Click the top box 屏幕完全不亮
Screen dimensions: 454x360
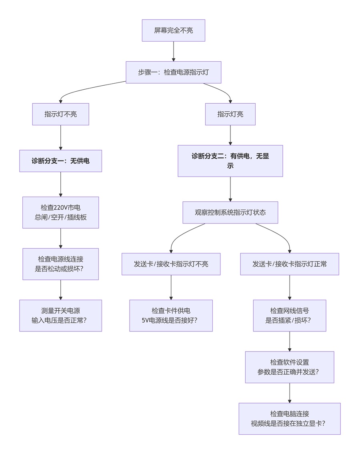(x=173, y=30)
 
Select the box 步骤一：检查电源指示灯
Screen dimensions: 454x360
(x=173, y=72)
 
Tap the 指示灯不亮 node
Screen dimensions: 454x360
(x=60, y=114)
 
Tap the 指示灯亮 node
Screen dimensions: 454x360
(x=230, y=114)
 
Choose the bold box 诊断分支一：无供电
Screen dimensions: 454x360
(x=60, y=161)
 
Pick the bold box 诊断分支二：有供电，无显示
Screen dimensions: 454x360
(x=230, y=161)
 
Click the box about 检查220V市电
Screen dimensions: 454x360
(x=60, y=213)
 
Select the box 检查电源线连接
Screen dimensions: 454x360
(x=60, y=264)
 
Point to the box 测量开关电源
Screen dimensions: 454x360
(x=60, y=315)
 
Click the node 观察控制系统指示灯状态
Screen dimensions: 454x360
(x=230, y=212)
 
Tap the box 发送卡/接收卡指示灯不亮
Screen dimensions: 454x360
(x=171, y=264)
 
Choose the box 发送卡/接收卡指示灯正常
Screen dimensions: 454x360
(x=289, y=264)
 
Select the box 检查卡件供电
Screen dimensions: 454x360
(x=171, y=315)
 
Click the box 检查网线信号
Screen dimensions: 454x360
(x=289, y=315)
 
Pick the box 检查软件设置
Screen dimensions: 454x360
(x=289, y=367)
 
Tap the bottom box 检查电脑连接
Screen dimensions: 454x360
(x=289, y=418)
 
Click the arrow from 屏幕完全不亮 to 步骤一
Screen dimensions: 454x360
(x=173, y=51)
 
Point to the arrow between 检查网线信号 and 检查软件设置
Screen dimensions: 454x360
(x=289, y=342)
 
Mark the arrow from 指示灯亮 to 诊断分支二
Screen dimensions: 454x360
(x=230, y=135)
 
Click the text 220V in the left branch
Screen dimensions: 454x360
(x=61, y=208)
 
